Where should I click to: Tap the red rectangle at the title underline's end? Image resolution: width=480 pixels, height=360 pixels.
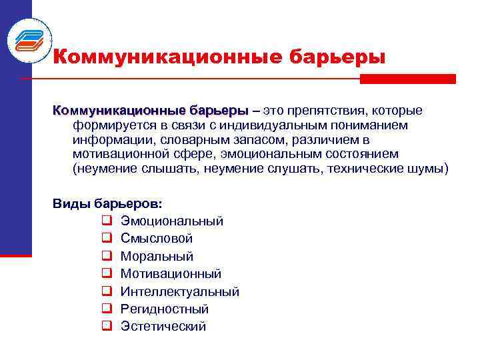407,79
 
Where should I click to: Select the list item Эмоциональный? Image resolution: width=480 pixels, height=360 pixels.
172,221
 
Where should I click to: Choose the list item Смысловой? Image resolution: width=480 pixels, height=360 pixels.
157,238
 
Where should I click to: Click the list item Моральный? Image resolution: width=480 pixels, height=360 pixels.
157,256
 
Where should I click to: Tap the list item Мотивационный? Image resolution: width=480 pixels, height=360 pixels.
171,273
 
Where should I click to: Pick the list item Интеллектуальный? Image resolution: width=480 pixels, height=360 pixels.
179,291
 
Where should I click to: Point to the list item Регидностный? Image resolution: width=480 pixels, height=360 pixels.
165,309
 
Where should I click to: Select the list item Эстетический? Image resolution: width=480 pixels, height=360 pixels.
163,326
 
